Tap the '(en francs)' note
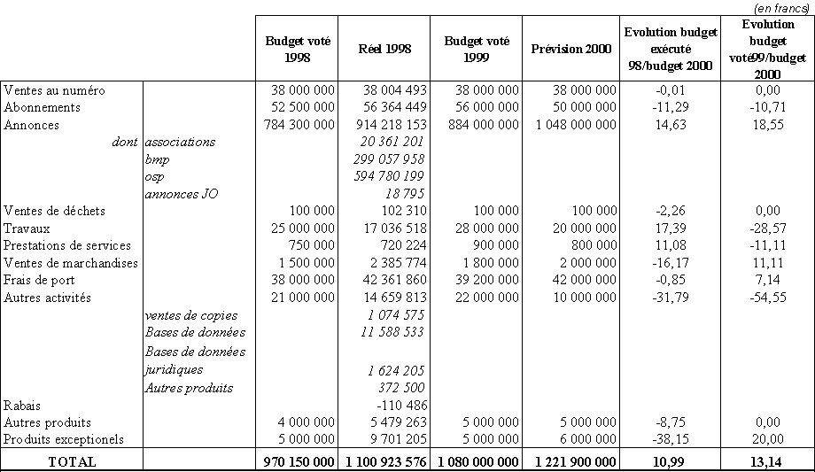[x=783, y=7]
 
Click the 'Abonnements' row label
[x=43, y=107]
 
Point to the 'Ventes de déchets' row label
[x=55, y=211]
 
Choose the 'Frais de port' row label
[x=41, y=280]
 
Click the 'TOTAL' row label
[x=72, y=461]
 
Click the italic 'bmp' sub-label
[x=158, y=159]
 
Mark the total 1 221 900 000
[x=570, y=461]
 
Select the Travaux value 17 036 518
[x=392, y=228]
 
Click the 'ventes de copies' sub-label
[x=190, y=315]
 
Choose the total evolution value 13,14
[x=768, y=461]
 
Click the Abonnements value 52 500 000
[x=299, y=107]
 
